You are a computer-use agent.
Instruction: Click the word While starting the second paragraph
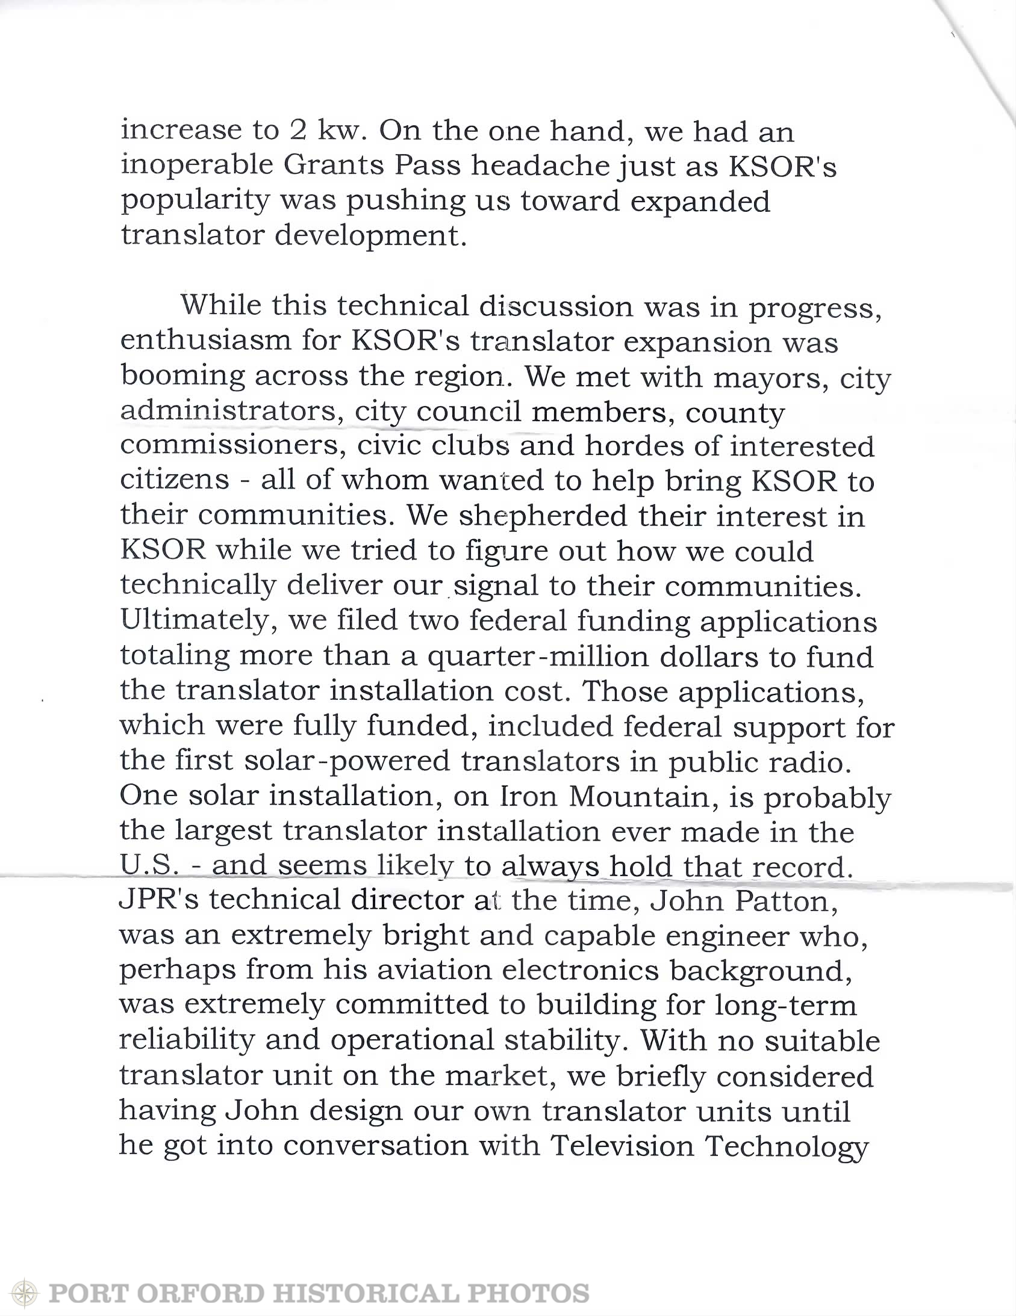tap(220, 306)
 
